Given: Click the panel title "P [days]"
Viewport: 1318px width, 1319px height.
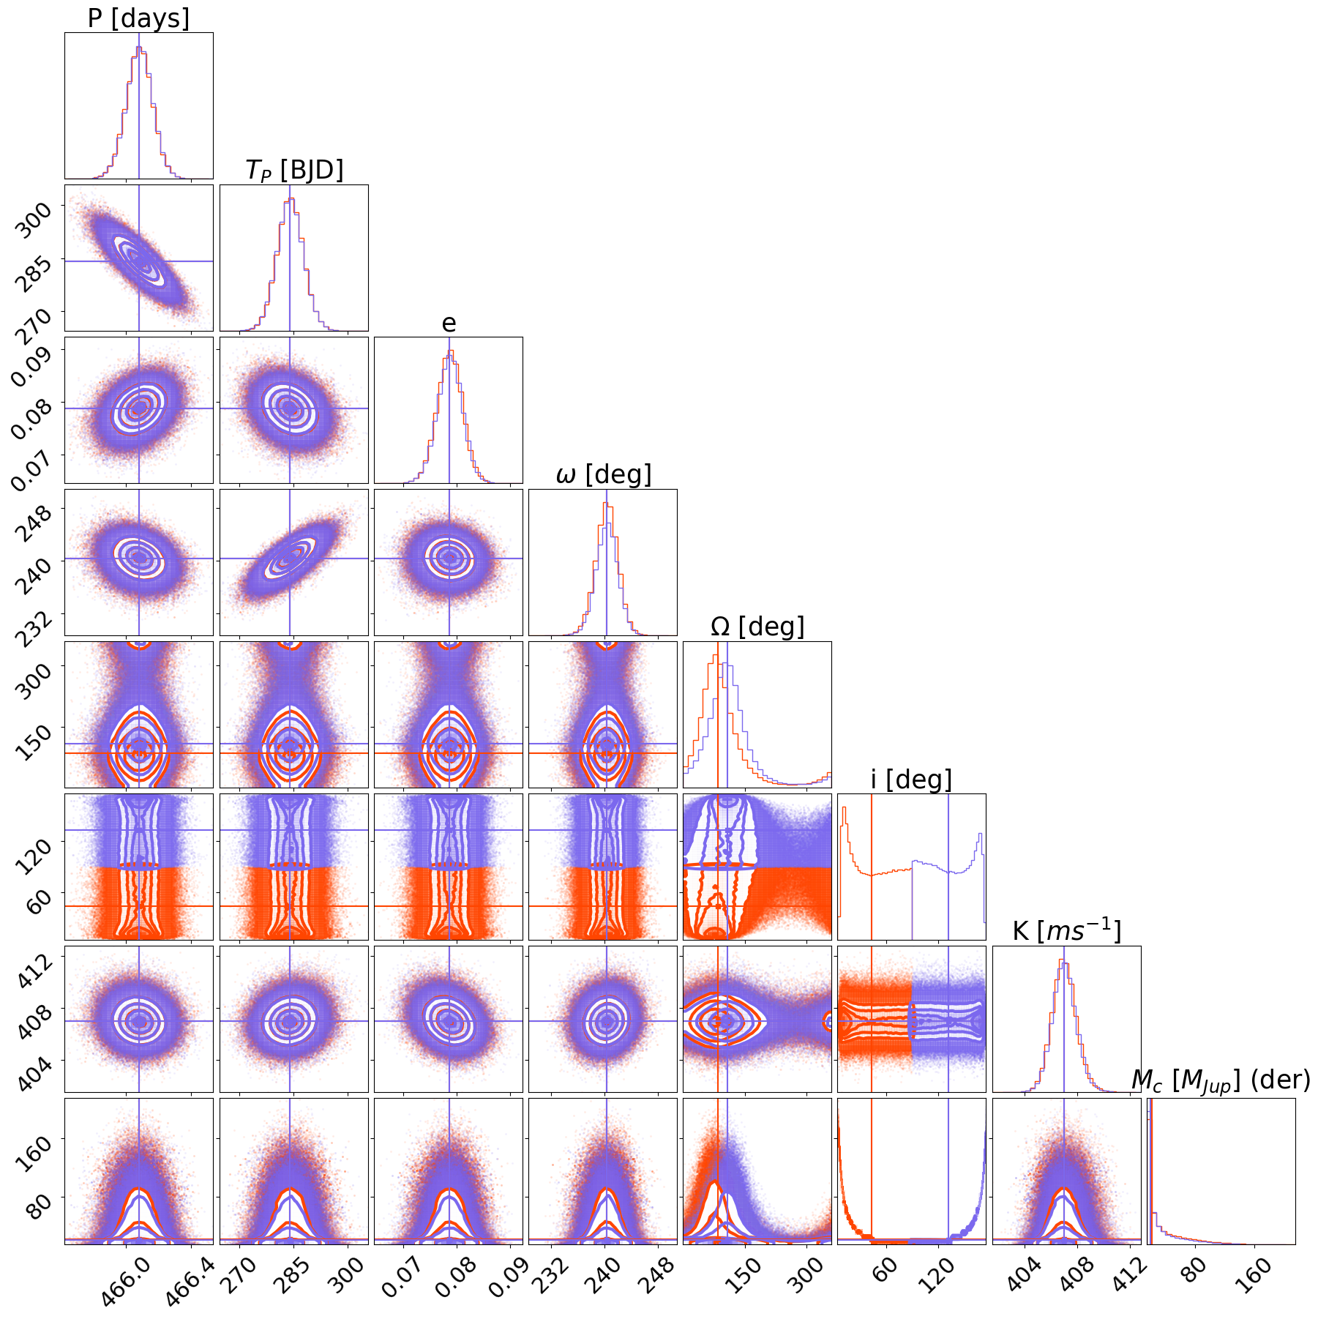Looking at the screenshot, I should pyautogui.click(x=138, y=18).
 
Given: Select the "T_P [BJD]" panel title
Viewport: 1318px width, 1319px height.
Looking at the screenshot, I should pyautogui.click(x=293, y=170).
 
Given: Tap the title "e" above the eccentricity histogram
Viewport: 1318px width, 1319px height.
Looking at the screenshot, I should pyautogui.click(x=449, y=323).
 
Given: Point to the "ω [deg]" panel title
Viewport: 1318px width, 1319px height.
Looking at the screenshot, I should pyautogui.click(x=603, y=474).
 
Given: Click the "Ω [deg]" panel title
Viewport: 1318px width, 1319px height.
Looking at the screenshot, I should pyautogui.click(x=757, y=627).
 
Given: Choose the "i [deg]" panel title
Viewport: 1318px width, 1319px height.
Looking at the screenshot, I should pyautogui.click(x=911, y=780).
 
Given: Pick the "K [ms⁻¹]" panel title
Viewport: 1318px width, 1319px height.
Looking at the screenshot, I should pyautogui.click(x=1066, y=931).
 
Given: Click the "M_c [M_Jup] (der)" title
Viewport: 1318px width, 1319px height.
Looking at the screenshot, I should pyautogui.click(x=1220, y=1080).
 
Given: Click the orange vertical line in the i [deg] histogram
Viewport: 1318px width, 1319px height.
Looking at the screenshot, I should pyautogui.click(x=872, y=864).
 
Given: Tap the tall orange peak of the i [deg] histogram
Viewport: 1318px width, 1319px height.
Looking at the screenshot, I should pyautogui.click(x=844, y=808).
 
